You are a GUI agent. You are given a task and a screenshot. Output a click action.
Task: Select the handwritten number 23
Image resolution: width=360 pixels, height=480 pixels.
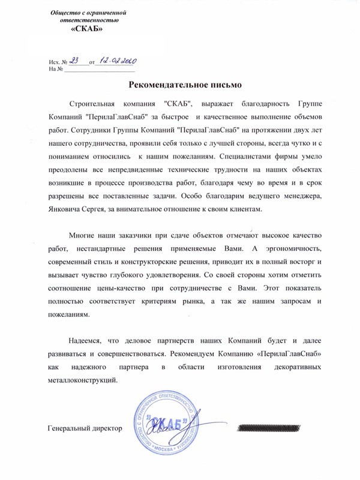click(x=75, y=60)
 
